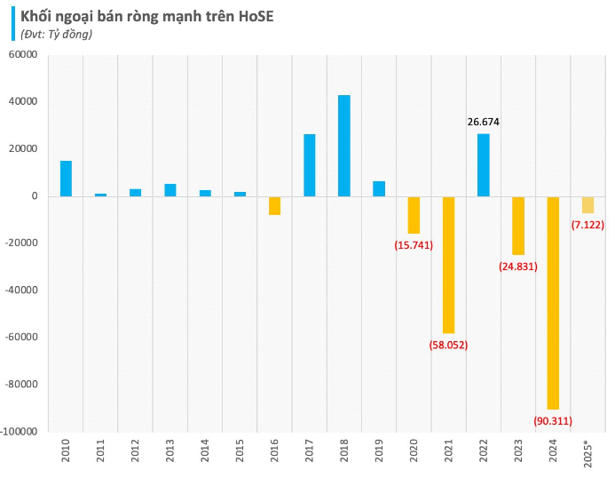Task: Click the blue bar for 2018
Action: (x=344, y=146)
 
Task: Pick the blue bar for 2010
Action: (x=66, y=179)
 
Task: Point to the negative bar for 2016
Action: (x=275, y=205)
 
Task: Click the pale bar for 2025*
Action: (x=587, y=204)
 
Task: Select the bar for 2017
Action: (x=310, y=165)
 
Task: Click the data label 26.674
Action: (x=484, y=123)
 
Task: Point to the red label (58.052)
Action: (x=448, y=345)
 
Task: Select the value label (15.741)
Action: (x=414, y=244)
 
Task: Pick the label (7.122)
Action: (x=587, y=225)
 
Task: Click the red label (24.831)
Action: (x=518, y=266)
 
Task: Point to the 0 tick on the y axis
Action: (x=33, y=196)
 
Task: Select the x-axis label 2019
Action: (x=379, y=451)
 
